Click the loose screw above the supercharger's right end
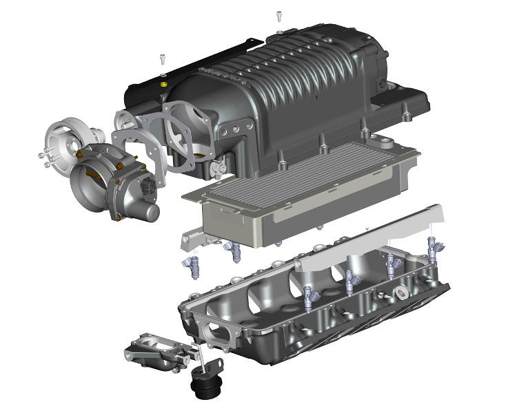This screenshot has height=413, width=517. [x=279, y=15]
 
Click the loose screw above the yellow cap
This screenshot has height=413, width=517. [x=162, y=59]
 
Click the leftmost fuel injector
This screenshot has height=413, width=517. [x=191, y=266]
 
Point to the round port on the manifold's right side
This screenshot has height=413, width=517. [x=401, y=294]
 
